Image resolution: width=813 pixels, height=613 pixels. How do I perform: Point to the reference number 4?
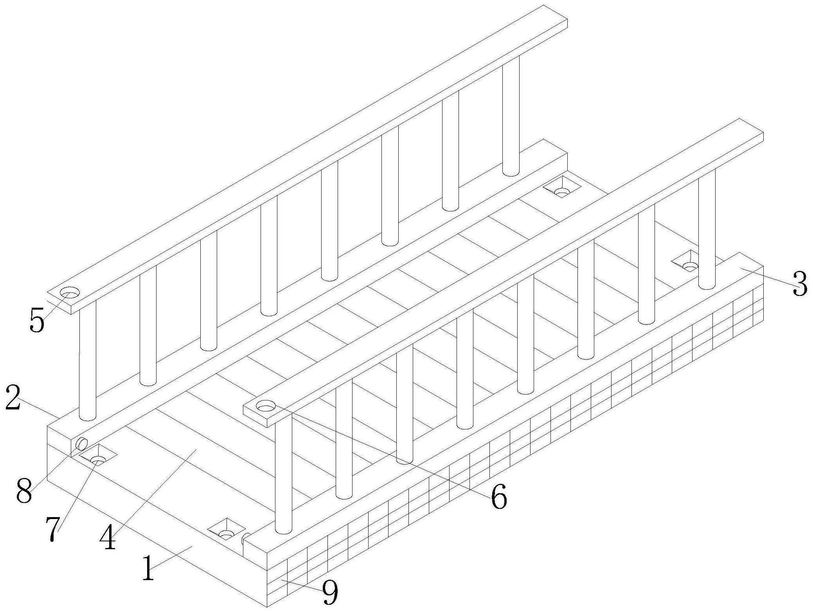[x=108, y=536]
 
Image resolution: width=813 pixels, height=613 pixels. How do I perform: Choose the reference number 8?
[x=24, y=492]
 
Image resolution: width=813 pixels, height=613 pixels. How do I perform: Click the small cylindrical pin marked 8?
[x=81, y=444]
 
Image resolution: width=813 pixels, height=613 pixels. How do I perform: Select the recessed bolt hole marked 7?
[x=98, y=456]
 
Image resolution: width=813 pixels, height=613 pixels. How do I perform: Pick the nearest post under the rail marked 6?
[x=284, y=475]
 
